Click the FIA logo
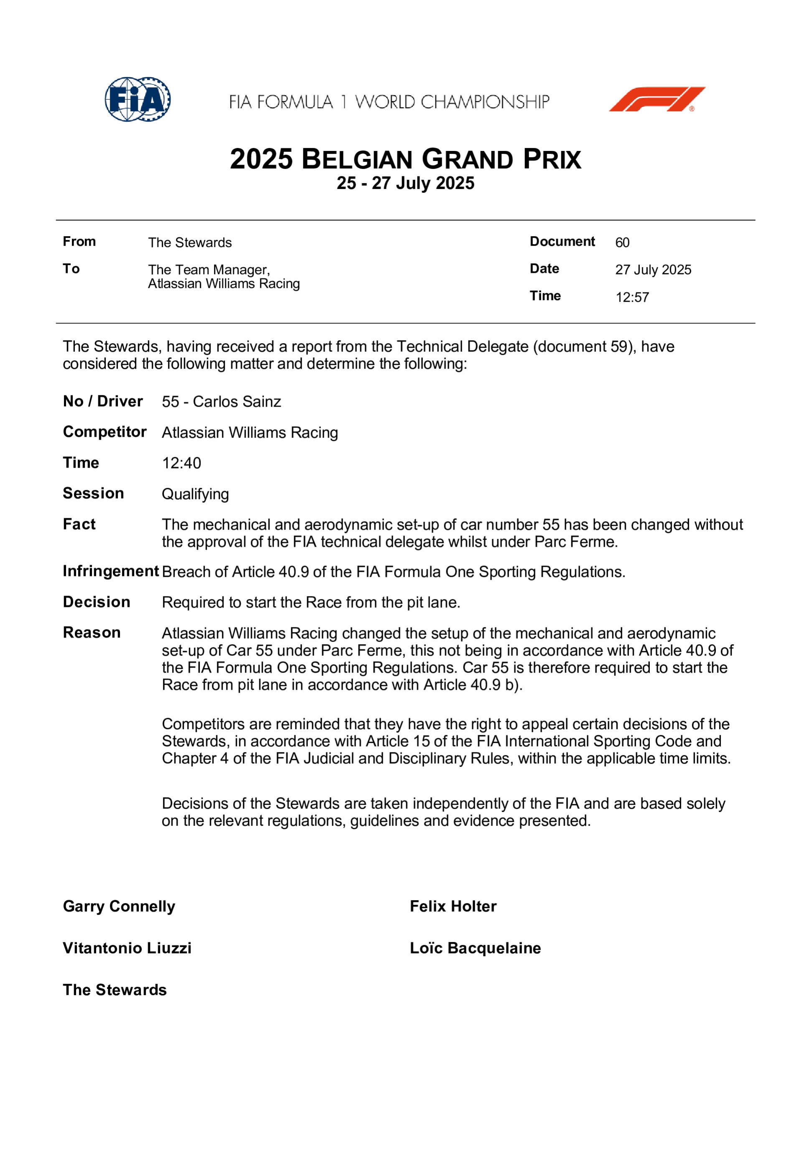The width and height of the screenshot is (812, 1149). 137,99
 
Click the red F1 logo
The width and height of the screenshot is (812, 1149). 657,99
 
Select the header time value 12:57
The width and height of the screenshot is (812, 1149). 632,297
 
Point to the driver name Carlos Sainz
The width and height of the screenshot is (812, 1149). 237,401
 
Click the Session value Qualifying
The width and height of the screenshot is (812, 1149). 195,494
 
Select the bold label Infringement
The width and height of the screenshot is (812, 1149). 111,571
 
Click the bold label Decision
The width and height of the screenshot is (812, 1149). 97,601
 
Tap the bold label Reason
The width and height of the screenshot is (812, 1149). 92,632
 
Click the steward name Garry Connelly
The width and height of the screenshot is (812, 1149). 119,906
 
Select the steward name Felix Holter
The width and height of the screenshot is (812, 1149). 453,906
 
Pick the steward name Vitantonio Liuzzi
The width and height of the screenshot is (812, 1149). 127,948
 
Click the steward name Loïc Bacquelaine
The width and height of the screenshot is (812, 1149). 475,948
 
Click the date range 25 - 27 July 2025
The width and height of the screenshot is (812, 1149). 405,183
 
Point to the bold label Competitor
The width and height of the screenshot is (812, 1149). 104,432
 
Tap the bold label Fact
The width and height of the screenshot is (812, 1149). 79,524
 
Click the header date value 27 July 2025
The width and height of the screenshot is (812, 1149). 653,270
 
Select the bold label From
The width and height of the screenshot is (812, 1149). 79,242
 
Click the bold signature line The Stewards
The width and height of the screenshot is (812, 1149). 115,990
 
